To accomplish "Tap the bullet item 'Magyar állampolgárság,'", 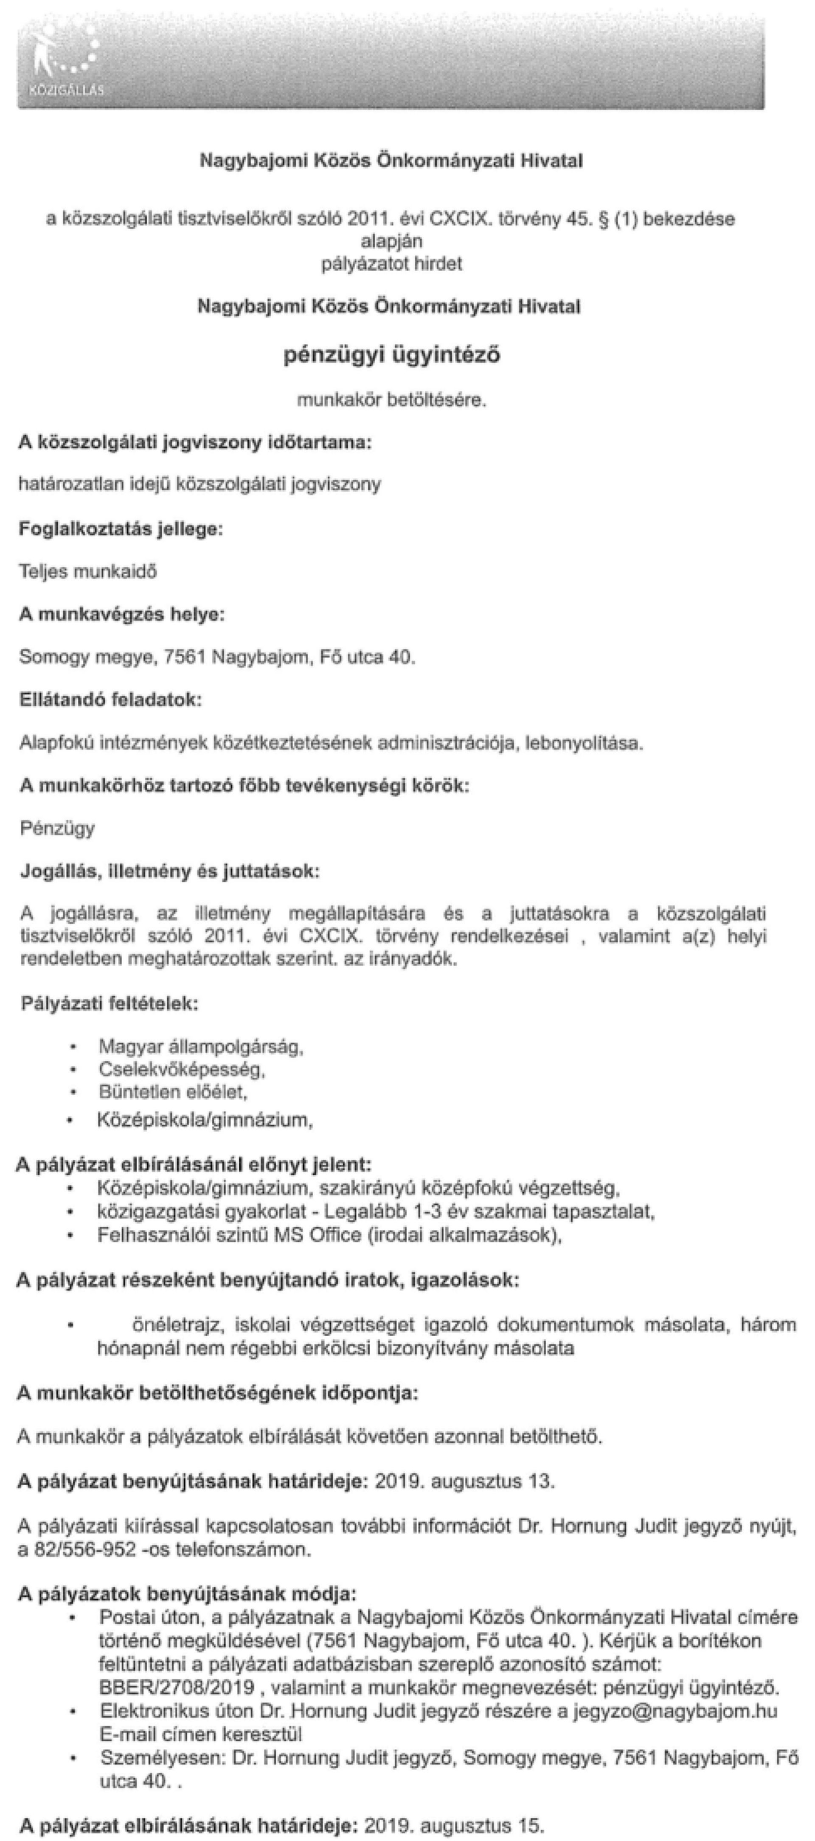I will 201,1047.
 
